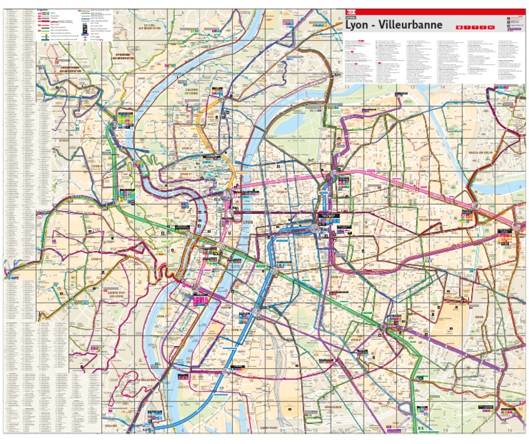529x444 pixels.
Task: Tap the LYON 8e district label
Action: [x=356, y=339]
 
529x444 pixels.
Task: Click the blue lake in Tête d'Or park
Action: [x=293, y=124]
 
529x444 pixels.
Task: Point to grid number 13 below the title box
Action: [x=412, y=88]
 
